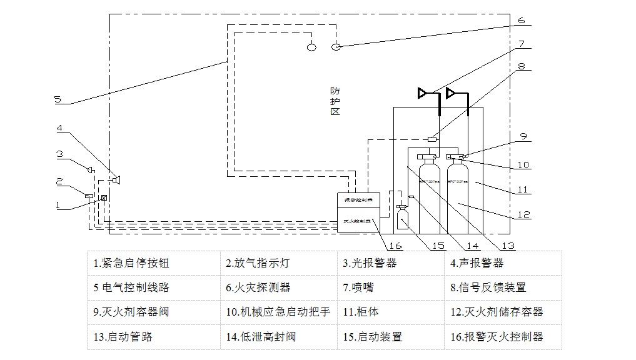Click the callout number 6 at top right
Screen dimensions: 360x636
pos(521,19)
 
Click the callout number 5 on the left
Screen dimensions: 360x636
pos(57,99)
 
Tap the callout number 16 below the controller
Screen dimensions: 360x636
pos(395,246)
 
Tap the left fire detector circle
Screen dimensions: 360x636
pos(311,46)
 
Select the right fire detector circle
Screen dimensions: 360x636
pos(336,46)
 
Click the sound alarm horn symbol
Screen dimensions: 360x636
pos(116,180)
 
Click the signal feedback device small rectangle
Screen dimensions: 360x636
pos(432,138)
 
